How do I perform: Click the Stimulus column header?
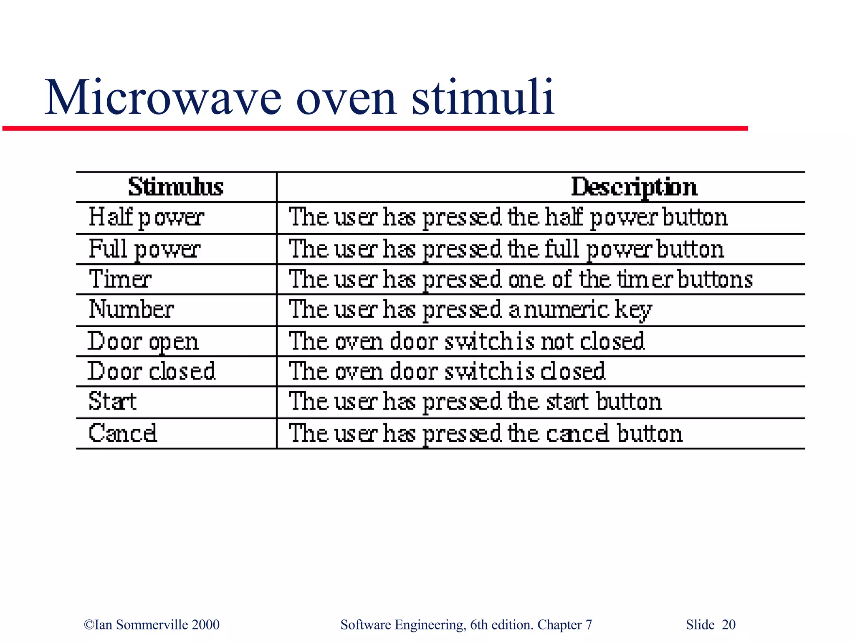176,187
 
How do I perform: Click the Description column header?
634,187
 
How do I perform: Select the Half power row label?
146,218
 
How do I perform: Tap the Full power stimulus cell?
144,249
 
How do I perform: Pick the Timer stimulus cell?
120,279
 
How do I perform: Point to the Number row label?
132,310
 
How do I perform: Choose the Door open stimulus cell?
143,341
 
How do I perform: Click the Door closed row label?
151,371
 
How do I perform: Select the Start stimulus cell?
113,402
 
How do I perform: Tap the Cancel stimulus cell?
123,433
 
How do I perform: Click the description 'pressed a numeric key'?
470,310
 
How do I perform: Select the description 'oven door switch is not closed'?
467,341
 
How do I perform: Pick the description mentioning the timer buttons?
521,279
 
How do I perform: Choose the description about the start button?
475,402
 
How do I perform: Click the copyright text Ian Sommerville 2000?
152,624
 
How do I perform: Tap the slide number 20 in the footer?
728,624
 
